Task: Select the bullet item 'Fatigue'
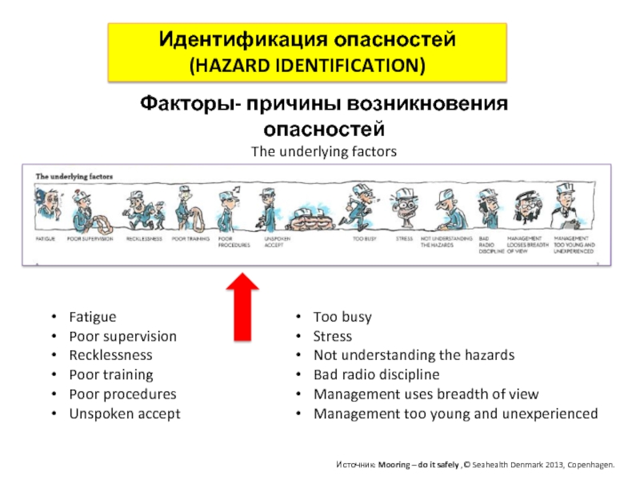92,317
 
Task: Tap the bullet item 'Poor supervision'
122,336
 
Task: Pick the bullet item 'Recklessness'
110,355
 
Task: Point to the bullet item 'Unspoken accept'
125,414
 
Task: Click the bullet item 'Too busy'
342,317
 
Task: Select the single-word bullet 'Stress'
332,336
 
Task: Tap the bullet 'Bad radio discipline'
376,374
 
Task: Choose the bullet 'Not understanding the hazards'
414,355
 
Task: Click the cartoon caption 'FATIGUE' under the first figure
45,238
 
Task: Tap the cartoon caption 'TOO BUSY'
364,238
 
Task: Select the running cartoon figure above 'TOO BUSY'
358,207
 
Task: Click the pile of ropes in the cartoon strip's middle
310,216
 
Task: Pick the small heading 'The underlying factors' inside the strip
74,176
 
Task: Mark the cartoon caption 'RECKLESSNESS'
144,238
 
